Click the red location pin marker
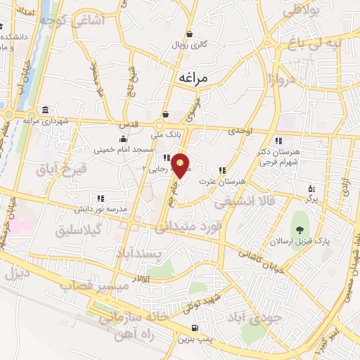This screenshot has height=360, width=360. (x=181, y=165)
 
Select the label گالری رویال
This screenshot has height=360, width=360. (x=189, y=44)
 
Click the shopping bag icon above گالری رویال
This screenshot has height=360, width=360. (x=189, y=32)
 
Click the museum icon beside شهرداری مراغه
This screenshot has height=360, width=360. (x=45, y=110)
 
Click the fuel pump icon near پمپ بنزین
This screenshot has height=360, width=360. (x=195, y=328)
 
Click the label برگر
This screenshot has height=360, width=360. (x=311, y=200)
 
